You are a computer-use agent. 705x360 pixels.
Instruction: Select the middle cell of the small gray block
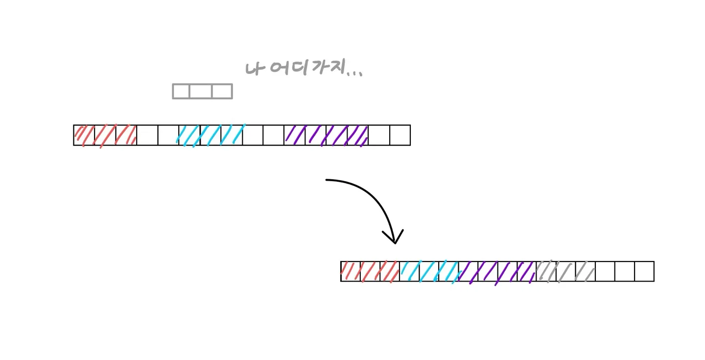pos(202,92)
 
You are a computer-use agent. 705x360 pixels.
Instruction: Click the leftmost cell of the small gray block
pos(181,92)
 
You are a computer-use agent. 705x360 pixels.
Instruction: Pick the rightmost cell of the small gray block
pos(222,92)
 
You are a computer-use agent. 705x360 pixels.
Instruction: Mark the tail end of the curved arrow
pos(328,180)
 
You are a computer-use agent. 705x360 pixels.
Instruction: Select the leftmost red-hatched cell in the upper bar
pos(84,135)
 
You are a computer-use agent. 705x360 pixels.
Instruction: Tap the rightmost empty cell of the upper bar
pos(399,135)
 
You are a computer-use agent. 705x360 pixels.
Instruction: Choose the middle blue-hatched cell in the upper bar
pos(211,135)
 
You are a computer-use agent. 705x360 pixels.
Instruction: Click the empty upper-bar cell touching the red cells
pos(147,135)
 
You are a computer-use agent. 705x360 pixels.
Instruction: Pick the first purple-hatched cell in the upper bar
pos(295,135)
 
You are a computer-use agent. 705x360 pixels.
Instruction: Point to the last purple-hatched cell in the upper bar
pos(358,135)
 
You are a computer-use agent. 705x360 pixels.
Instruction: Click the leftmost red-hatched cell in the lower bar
pos(351,271)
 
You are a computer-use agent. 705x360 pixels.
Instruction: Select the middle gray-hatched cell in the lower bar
pos(566,271)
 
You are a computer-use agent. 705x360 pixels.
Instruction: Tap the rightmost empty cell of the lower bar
pos(644,271)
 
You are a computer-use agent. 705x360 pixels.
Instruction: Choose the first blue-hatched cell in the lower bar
pos(409,271)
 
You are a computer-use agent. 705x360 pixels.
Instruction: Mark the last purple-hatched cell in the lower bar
pos(527,271)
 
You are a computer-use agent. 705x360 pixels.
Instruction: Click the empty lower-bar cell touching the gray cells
pos(605,271)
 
